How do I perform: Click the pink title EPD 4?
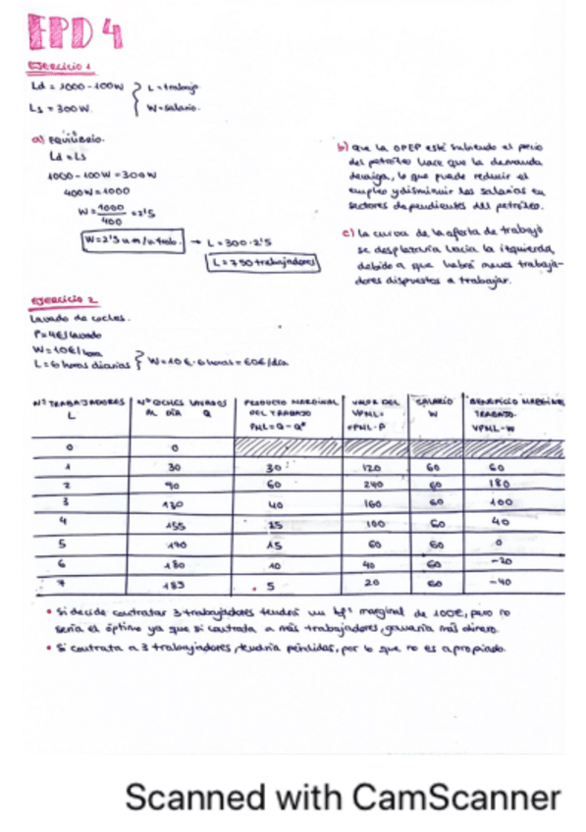click(74, 35)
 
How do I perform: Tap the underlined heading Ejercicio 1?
click(60, 67)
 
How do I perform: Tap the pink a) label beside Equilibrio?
click(37, 141)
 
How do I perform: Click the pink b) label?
click(342, 147)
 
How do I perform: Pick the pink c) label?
click(347, 234)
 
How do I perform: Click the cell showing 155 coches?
click(176, 525)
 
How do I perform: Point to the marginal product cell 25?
click(274, 525)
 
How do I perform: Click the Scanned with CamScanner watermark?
click(343, 796)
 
